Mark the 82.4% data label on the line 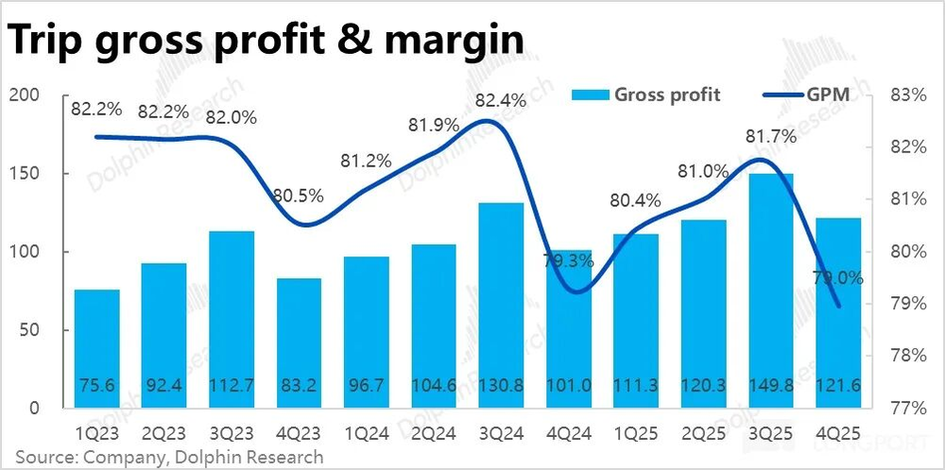[x=502, y=97]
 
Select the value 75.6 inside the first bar [x=97, y=385]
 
